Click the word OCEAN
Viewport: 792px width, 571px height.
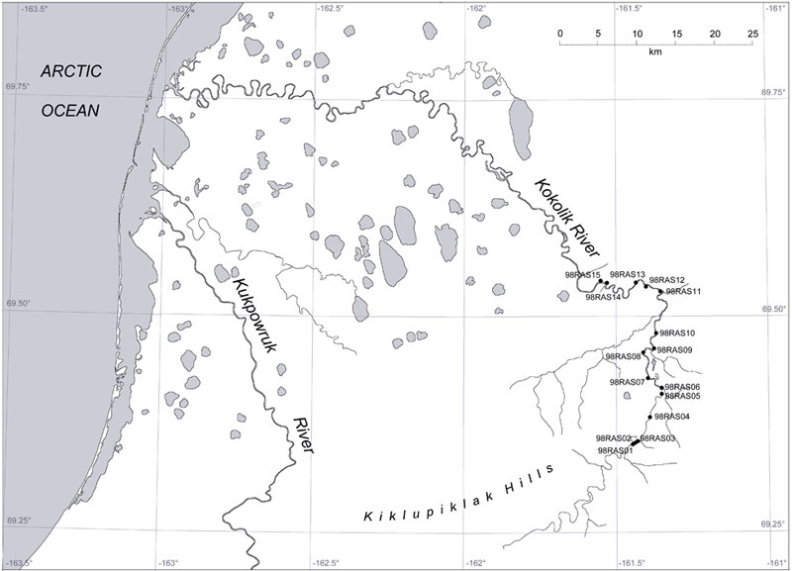pos(70,110)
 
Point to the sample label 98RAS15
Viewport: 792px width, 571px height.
pos(582,275)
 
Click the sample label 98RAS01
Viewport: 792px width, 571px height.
pos(615,451)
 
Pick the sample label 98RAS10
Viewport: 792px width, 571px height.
pos(678,333)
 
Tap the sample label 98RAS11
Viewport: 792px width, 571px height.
pos(683,292)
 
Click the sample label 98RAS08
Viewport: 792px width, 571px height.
pos(623,356)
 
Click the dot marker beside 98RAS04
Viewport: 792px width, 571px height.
pos(648,418)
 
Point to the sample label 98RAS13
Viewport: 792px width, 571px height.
pos(628,274)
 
